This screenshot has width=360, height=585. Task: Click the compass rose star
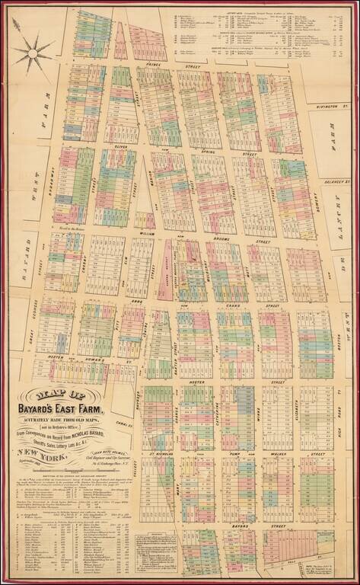(x=31, y=53)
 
